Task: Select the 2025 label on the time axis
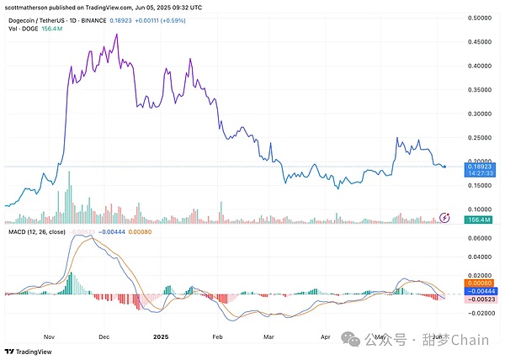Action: [163, 335]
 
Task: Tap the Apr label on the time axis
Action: [326, 335]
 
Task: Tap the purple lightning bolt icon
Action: [445, 219]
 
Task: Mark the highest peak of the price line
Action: [115, 34]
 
